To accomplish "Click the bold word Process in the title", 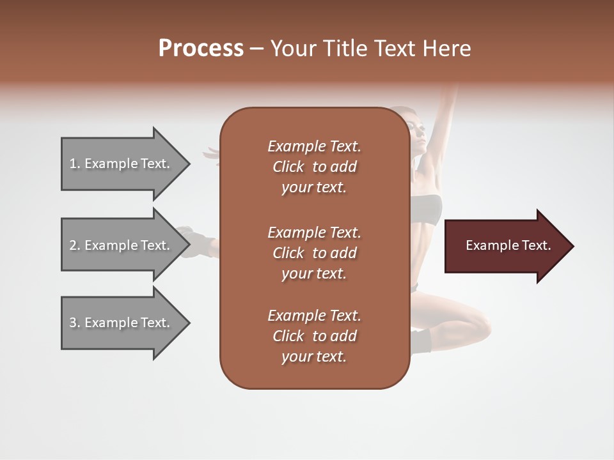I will click(201, 49).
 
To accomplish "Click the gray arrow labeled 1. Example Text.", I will click(122, 164).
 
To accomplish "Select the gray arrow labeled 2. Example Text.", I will click(122, 245).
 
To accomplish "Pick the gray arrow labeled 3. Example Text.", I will click(122, 323).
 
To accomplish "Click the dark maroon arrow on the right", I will click(505, 246).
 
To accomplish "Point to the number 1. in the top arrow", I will click(75, 164).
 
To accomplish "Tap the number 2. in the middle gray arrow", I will click(75, 245).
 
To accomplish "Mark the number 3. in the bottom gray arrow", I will click(75, 323).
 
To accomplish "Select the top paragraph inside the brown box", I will click(314, 167).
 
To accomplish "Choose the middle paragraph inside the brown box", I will click(314, 252).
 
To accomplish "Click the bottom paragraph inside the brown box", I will click(314, 336).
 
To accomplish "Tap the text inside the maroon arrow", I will click(508, 245).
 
